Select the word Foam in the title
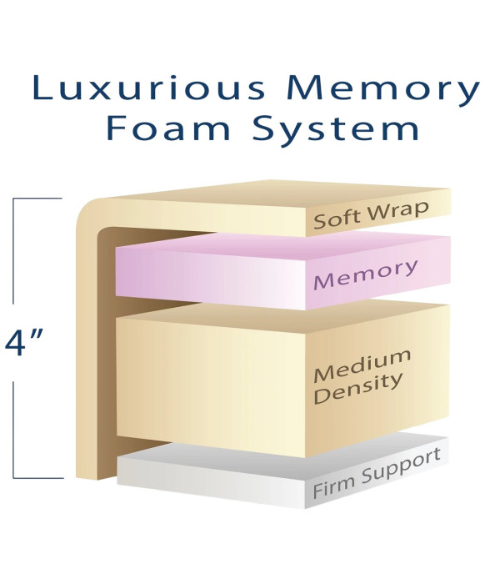tap(168, 128)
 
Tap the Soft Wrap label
tap(371, 215)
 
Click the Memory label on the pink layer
tap(365, 274)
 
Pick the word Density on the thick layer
tap(357, 389)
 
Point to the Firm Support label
tap(377, 474)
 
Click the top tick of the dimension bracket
tap(37, 199)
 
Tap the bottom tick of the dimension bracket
tap(38, 478)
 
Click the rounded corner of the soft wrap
tap(86, 212)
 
